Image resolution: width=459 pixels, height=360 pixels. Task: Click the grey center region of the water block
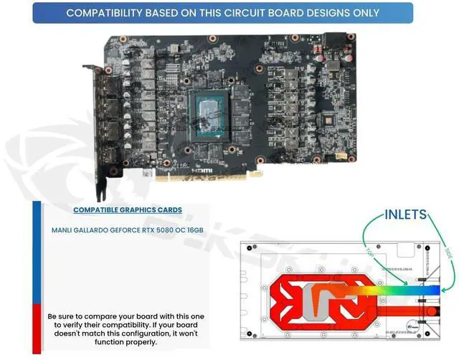[x=313, y=298]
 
